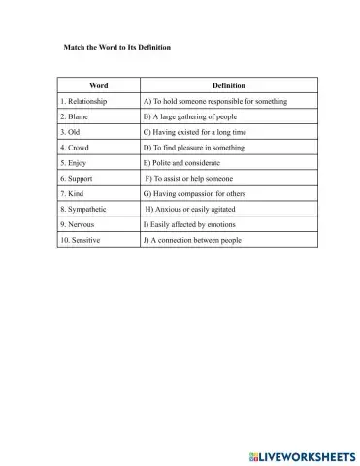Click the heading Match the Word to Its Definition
pos(109,46)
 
